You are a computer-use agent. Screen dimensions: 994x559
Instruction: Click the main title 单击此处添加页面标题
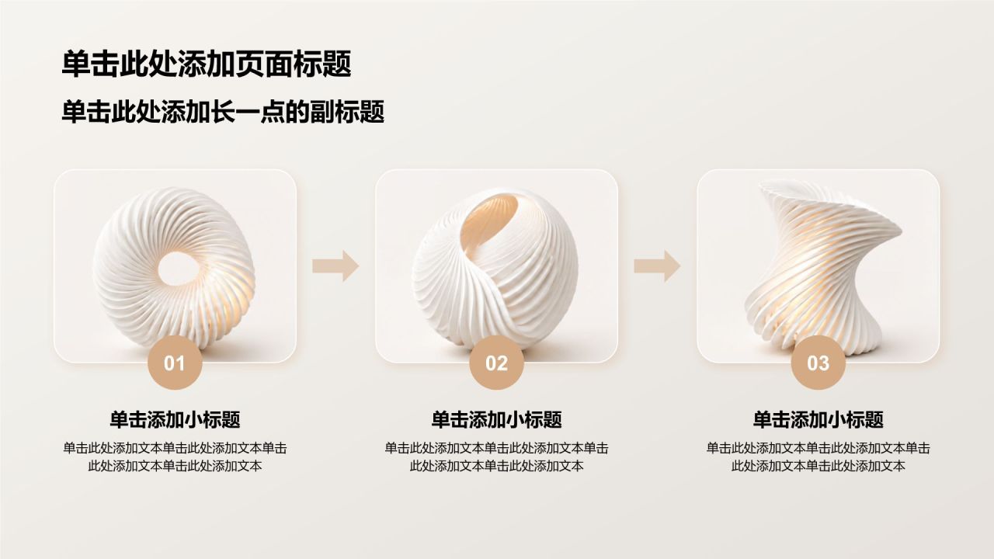207,64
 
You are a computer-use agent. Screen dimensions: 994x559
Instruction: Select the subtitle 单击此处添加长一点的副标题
223,112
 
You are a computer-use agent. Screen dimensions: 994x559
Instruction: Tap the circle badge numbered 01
175,363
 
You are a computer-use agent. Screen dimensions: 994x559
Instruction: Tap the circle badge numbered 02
496,363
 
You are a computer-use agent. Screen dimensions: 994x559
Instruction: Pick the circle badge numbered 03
818,363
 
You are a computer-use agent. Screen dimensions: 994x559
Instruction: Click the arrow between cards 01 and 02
335,266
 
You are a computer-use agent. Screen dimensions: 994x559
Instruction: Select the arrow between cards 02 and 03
657,266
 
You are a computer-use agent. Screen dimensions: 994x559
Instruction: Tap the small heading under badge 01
175,420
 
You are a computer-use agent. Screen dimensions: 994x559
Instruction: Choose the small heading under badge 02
496,420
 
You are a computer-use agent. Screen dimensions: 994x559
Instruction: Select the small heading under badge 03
818,420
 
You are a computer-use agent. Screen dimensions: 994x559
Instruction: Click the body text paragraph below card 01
175,457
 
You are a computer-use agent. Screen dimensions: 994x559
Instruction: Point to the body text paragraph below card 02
496,457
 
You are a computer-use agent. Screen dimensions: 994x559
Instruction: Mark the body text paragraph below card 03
818,457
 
